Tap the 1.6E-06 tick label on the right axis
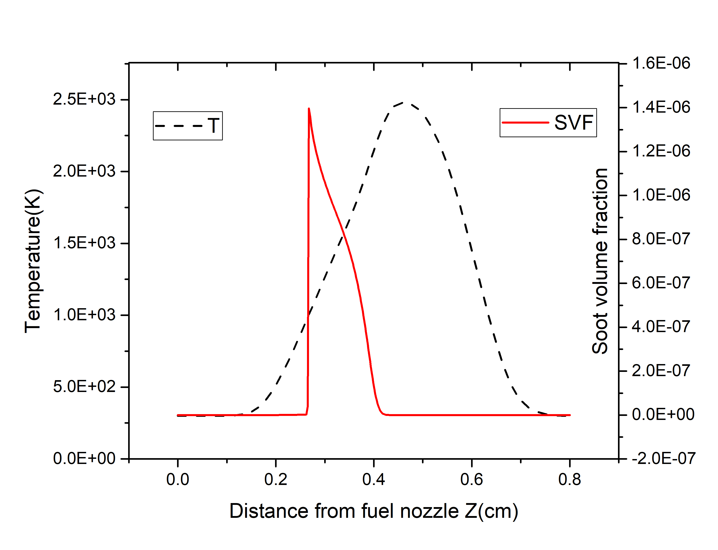click(x=661, y=63)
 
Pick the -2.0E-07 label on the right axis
click(x=663, y=459)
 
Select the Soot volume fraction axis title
click(x=600, y=261)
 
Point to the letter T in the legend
click(x=213, y=126)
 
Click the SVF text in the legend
click(x=574, y=123)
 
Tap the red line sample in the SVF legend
click(x=525, y=123)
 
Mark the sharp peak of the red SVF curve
click(x=309, y=109)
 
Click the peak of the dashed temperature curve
click(x=405, y=103)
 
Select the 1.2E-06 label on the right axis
click(x=661, y=151)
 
